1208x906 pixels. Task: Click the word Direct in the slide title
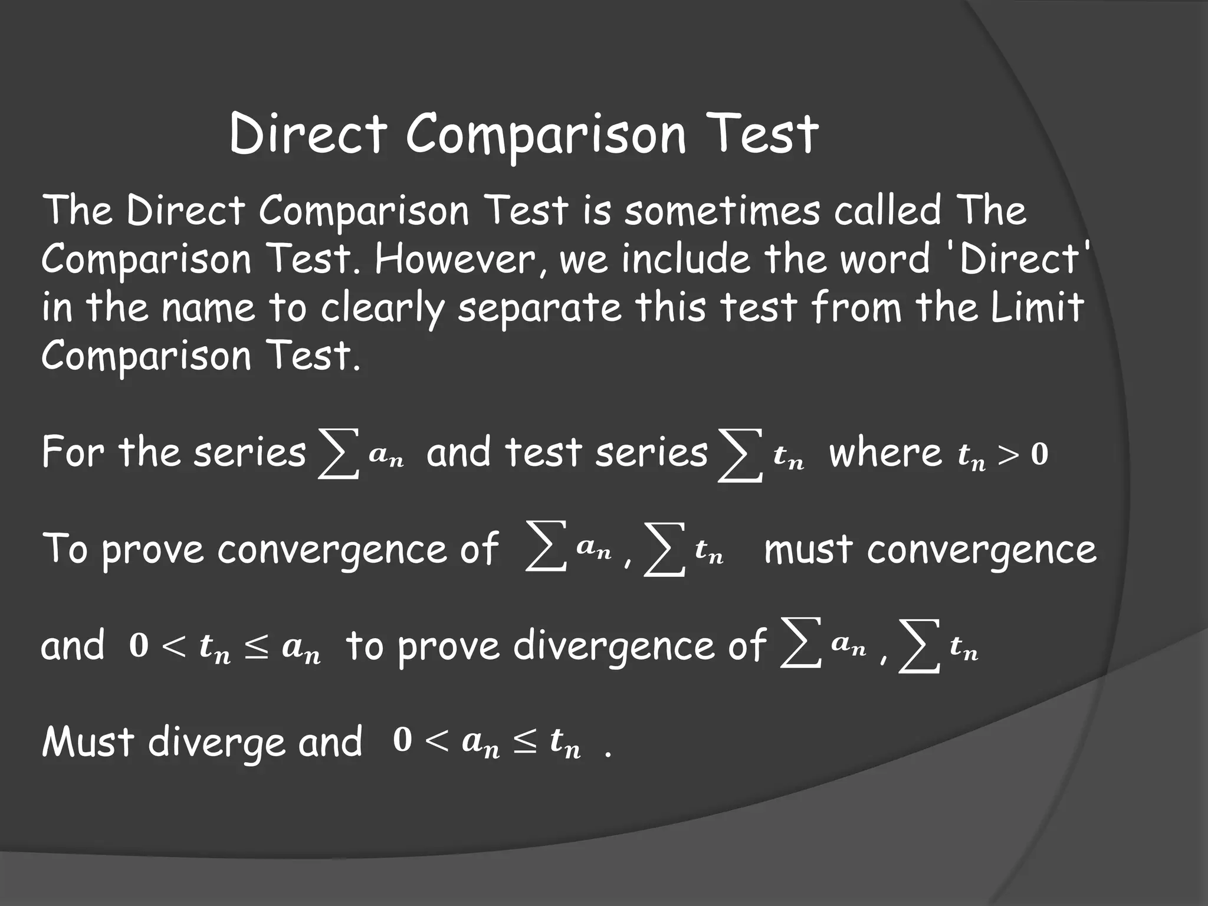click(x=308, y=134)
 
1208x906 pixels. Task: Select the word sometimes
click(x=721, y=211)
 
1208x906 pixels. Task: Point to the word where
click(x=885, y=453)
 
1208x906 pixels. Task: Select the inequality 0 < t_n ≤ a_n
click(x=225, y=648)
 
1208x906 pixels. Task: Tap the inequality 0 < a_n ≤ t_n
click(x=487, y=743)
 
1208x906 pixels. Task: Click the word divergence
click(x=639, y=646)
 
